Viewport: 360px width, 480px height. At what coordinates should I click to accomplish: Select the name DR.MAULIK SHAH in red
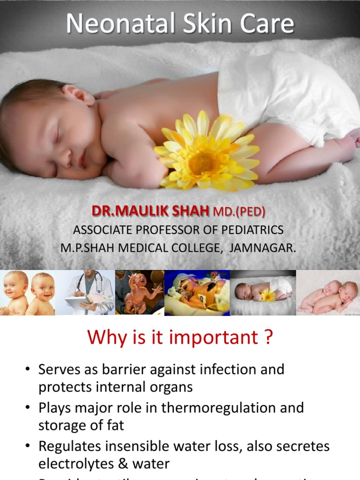click(150, 211)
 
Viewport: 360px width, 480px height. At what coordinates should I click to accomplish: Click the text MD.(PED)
click(239, 212)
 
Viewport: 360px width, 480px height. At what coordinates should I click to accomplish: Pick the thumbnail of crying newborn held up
click(139, 292)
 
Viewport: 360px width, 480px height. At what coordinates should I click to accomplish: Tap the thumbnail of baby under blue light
click(197, 292)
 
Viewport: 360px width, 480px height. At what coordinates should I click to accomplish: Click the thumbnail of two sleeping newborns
click(328, 292)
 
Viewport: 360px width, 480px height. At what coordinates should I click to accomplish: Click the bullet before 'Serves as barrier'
click(28, 370)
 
